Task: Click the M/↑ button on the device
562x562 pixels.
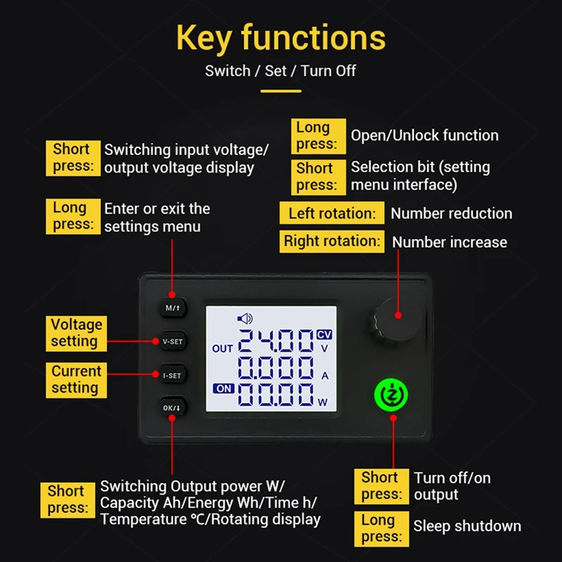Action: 172,308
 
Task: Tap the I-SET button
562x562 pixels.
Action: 172,376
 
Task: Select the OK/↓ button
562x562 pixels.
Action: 172,408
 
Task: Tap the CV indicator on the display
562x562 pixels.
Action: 324,334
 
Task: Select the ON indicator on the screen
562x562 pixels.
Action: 223,388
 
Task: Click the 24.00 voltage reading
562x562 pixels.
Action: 276,342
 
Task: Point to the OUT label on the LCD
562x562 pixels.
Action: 222,348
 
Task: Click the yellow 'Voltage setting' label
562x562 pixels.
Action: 77,333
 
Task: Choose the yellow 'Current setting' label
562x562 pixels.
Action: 77,379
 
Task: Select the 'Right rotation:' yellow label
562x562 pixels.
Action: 332,241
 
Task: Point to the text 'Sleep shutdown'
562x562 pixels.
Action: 467,526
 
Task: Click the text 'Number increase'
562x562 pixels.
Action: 450,242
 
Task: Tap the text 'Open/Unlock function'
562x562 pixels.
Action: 425,136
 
